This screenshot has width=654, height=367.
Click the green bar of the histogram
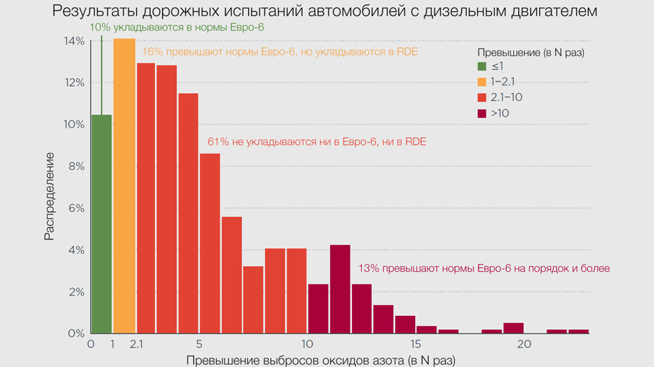[102, 224]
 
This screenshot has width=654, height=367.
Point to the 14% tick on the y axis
[75, 41]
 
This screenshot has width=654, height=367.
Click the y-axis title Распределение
[49, 204]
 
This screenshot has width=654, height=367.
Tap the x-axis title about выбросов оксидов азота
[320, 360]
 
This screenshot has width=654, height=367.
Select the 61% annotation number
[217, 142]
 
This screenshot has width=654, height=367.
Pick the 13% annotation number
[370, 268]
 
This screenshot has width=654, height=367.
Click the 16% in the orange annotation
[152, 52]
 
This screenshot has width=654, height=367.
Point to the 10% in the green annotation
[100, 28]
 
